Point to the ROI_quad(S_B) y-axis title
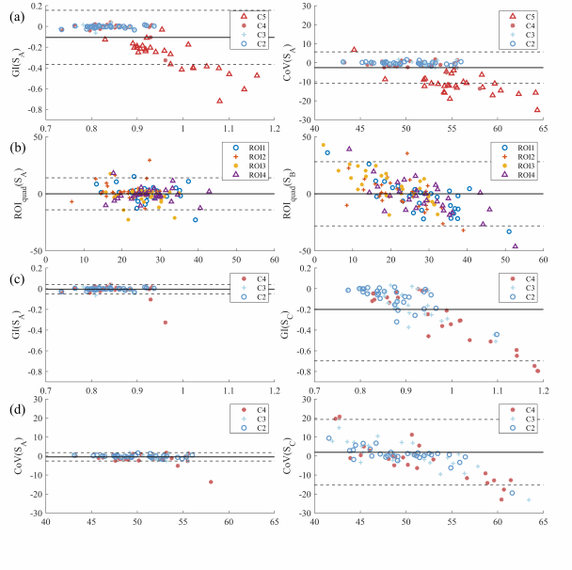[x=298, y=193]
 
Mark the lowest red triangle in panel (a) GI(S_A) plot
[x=220, y=100]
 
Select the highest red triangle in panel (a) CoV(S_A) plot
[x=354, y=50]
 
